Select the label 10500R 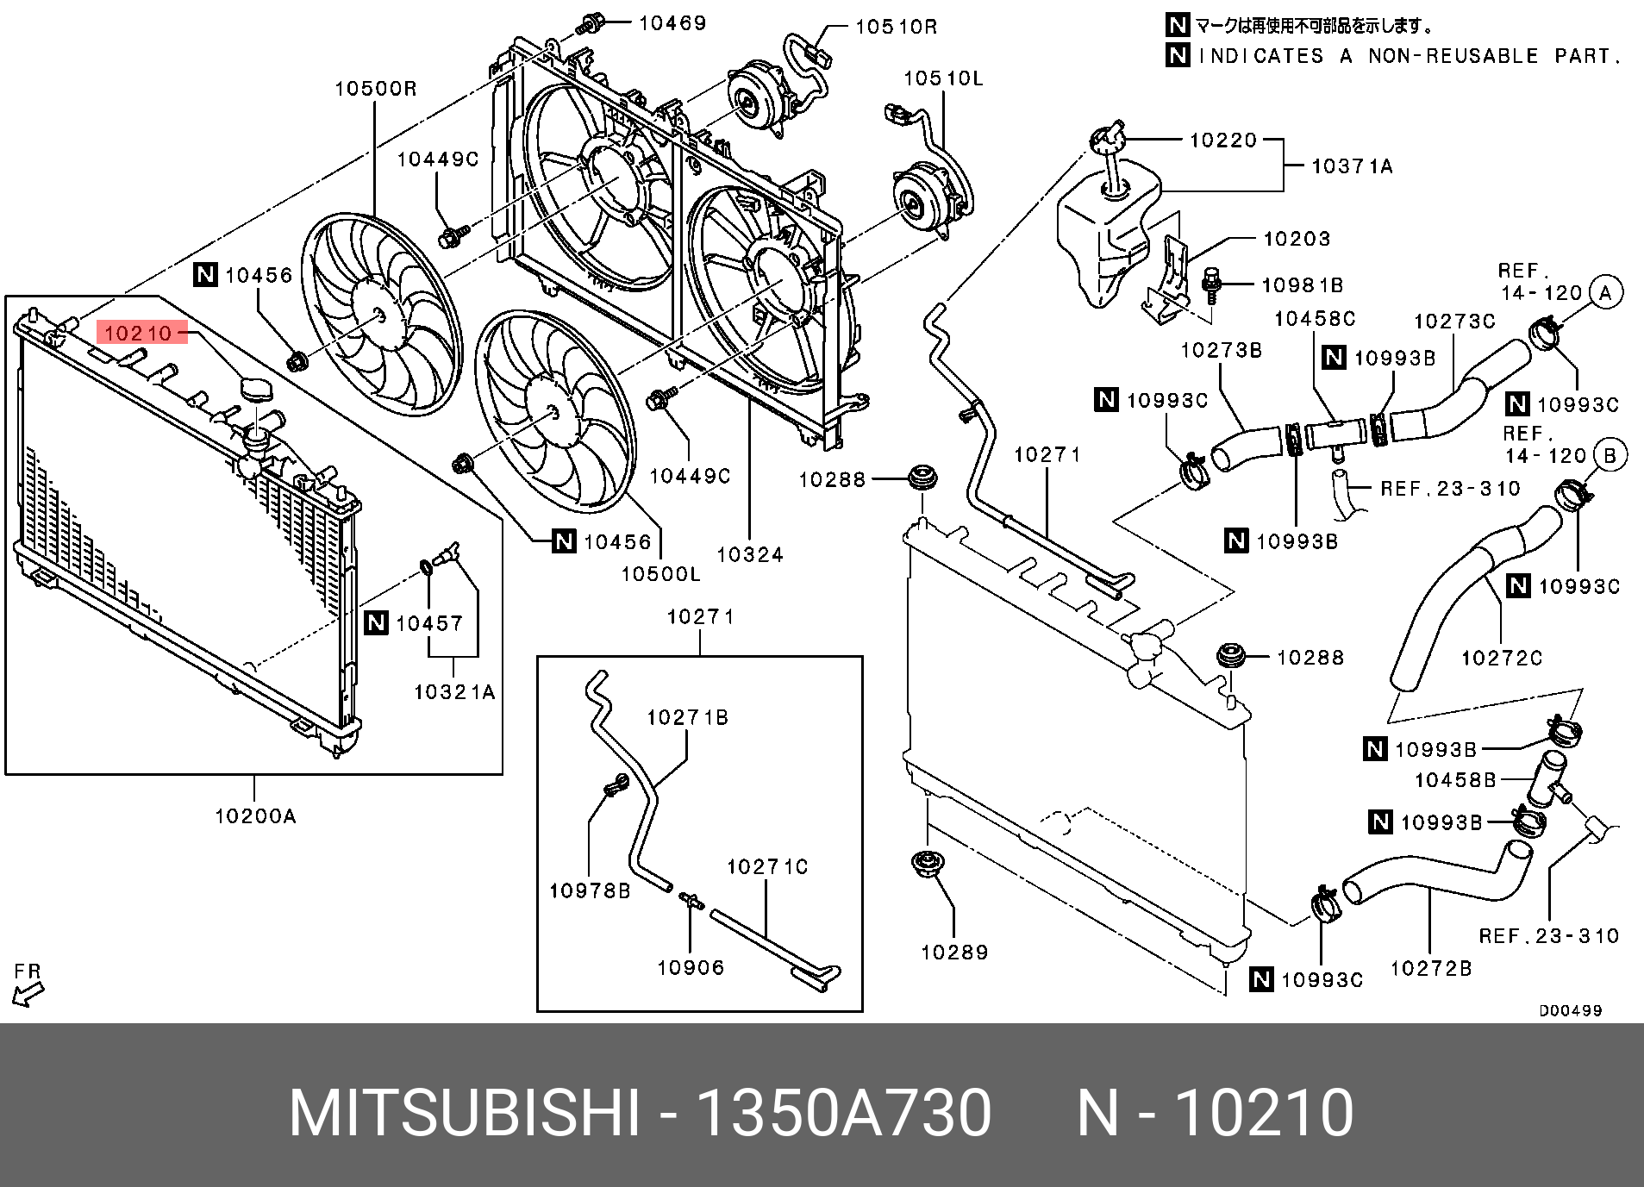tap(376, 89)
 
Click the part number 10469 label tap(672, 23)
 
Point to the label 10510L tap(943, 78)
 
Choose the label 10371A tap(1352, 166)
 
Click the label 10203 tap(1297, 239)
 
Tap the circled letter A tap(1605, 293)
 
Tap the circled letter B tap(1610, 455)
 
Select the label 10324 tap(750, 555)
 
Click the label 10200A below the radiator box tap(255, 816)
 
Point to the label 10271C tap(767, 867)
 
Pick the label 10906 tap(691, 968)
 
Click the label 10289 tap(954, 953)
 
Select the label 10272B tap(1431, 969)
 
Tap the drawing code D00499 tap(1571, 1010)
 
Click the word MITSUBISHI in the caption tap(465, 1114)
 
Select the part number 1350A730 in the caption tap(843, 1114)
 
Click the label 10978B tap(590, 891)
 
